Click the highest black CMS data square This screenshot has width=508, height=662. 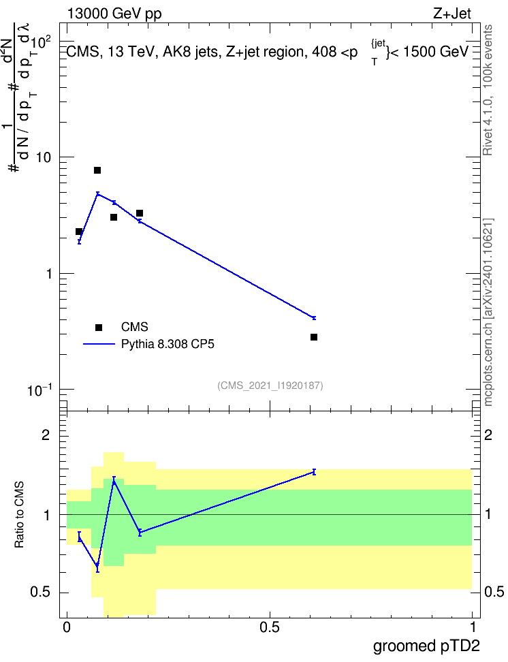(x=97, y=170)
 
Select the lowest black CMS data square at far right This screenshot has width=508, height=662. (x=314, y=337)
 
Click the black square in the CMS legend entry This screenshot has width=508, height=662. (x=99, y=327)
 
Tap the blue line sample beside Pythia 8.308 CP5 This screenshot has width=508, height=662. (x=99, y=344)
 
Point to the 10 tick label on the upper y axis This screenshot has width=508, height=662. (x=43, y=157)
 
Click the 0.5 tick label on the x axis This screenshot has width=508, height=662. (x=270, y=627)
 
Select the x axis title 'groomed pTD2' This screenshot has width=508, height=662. (x=426, y=646)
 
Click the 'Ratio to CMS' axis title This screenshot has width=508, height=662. (x=19, y=515)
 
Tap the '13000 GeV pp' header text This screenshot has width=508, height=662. (x=114, y=14)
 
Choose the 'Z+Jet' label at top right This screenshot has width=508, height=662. (x=452, y=14)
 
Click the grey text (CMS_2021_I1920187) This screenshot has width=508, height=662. (x=270, y=385)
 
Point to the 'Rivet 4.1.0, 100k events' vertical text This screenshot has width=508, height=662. (x=488, y=90)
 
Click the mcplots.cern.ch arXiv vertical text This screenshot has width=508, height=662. (x=488, y=312)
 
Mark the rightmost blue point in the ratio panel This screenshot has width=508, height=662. (x=314, y=471)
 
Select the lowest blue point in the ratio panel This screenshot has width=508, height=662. (x=97, y=566)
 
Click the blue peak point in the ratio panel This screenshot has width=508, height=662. (x=114, y=482)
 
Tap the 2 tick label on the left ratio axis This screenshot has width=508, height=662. (x=46, y=435)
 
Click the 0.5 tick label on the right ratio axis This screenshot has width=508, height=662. (x=494, y=592)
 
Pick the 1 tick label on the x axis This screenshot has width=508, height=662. (x=473, y=627)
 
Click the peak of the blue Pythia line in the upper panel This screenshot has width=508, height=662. (x=97, y=194)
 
